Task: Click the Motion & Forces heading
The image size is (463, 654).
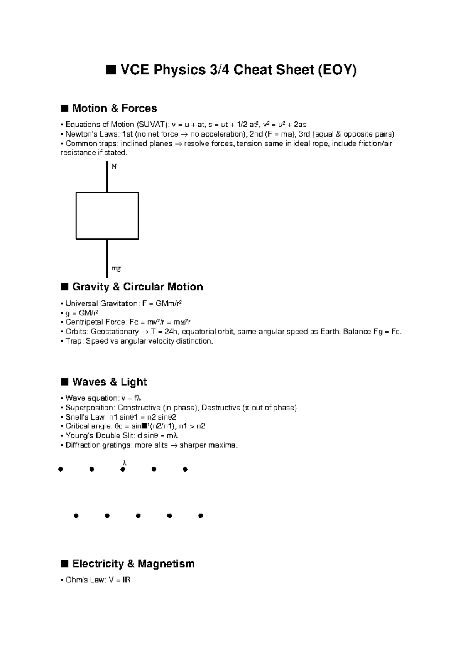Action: (114, 108)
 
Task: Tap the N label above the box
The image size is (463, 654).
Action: (114, 167)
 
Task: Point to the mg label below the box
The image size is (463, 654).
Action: (116, 268)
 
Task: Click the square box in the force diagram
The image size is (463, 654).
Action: (107, 216)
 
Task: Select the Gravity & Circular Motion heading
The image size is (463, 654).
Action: (137, 287)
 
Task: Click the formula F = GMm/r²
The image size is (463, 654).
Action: (162, 303)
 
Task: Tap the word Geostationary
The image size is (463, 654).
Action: (115, 332)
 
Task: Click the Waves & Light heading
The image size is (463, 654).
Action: (109, 382)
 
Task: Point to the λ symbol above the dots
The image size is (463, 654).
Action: (124, 462)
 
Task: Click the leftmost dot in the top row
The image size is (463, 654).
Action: (60, 469)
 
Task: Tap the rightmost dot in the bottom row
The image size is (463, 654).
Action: (200, 516)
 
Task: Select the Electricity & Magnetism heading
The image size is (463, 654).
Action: (133, 564)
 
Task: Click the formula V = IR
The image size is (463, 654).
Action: (120, 580)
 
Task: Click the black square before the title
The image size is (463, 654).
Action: (111, 70)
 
